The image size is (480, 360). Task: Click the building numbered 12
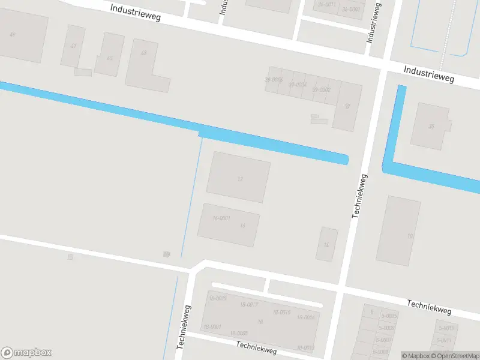coord(238,177)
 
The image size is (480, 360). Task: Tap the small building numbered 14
coord(327,244)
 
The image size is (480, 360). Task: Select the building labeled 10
coord(398,231)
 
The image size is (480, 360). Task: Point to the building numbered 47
coord(73,46)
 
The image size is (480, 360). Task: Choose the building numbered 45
coord(109,56)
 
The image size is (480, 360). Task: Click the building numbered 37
coord(347,107)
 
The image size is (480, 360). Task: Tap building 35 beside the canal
coord(430,126)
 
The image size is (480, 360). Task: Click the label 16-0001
coord(221,218)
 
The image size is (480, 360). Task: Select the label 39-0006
coord(274,80)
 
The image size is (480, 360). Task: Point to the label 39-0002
coord(322,89)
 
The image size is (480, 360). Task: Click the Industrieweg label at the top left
coord(135,13)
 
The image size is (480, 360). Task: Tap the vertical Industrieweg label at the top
coord(373,23)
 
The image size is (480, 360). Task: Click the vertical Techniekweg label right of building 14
coord(359,196)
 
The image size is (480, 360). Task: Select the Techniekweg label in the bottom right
coord(429,307)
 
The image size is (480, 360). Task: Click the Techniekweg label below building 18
coord(256,347)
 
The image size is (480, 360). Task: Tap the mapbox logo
coord(26,353)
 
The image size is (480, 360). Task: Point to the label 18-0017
coord(248,305)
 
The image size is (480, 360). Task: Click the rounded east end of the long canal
coord(346,160)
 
